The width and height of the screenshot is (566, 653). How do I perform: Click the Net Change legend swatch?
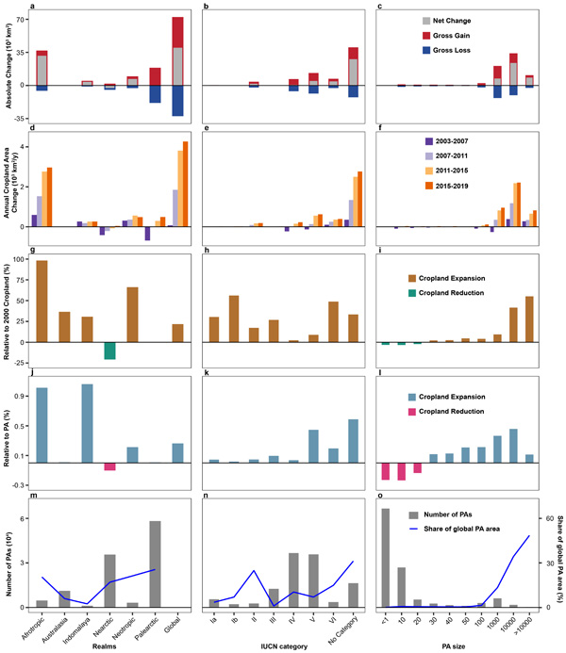(416, 20)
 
